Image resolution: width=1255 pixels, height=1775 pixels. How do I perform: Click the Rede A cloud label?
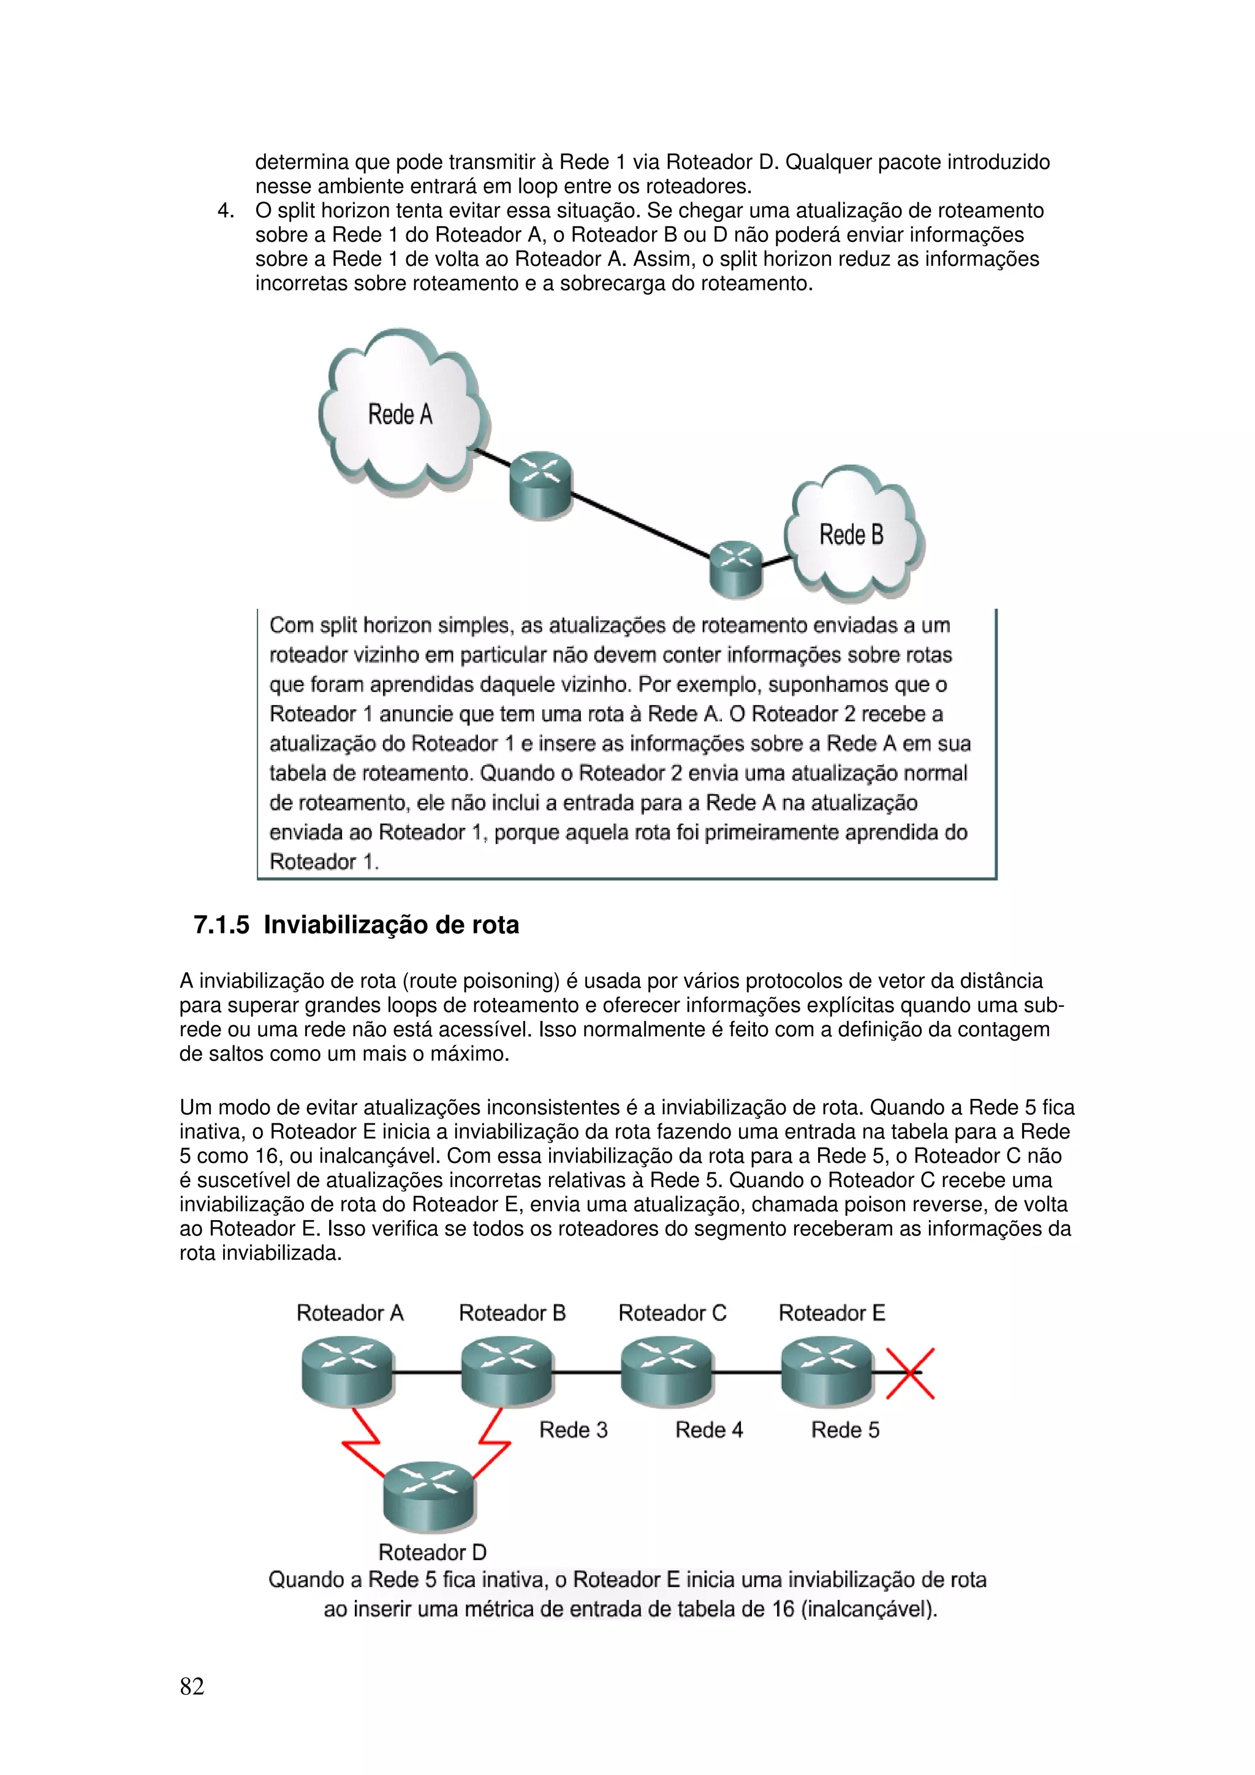point(400,415)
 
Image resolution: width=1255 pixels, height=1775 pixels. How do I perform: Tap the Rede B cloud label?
point(851,535)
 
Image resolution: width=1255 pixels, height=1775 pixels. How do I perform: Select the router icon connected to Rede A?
point(540,486)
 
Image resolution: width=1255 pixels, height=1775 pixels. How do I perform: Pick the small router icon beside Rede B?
point(735,568)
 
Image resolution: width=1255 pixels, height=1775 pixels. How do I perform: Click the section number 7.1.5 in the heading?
point(221,925)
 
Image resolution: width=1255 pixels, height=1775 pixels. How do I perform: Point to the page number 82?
point(192,1686)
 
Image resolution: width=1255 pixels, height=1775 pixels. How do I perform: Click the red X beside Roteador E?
point(910,1374)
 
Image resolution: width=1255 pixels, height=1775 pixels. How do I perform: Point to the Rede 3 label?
point(573,1430)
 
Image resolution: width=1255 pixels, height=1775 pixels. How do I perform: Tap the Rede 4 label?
point(709,1430)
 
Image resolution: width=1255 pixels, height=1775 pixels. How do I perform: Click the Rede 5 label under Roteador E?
point(845,1430)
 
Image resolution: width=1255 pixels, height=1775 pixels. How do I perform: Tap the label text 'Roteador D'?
point(432,1552)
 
